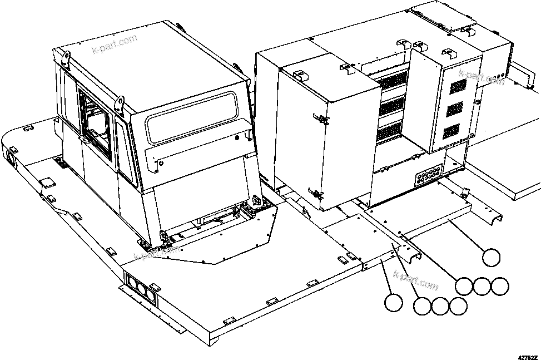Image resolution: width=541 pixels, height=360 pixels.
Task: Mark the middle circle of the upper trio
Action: (x=482, y=285)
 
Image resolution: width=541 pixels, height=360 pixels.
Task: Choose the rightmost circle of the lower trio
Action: (x=458, y=305)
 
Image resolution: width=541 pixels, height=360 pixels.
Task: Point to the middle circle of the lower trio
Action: (x=440, y=305)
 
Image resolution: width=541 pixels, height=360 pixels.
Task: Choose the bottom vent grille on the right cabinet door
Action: (x=452, y=131)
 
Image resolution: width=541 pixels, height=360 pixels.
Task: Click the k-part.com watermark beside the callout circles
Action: (x=415, y=280)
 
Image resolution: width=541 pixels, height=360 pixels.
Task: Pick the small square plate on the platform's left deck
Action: (x=47, y=183)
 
